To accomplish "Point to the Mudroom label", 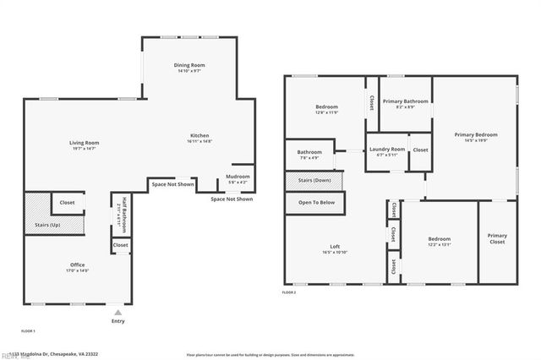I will click(238, 178).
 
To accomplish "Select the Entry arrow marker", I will click(117, 312).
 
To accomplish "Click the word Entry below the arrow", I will click(117, 321).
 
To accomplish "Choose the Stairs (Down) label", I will click(314, 180).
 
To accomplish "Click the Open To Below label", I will click(316, 203).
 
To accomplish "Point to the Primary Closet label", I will click(497, 239).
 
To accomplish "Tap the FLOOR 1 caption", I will click(28, 331).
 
